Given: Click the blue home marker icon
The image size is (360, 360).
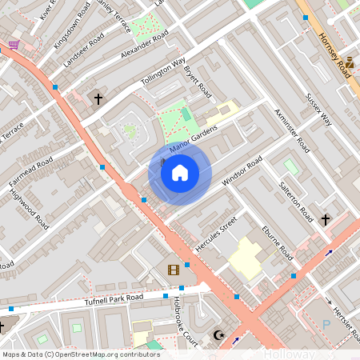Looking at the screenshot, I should click(180, 173).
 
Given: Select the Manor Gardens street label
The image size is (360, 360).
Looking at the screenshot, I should click(193, 136).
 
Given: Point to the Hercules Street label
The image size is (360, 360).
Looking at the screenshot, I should click(217, 232).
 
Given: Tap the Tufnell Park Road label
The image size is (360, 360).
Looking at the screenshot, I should click(114, 299).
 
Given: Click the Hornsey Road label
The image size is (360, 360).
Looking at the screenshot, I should click(334, 56).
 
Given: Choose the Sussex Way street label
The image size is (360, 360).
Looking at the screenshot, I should click(318, 108).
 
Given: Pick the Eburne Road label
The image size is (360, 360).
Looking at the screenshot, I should click(277, 242).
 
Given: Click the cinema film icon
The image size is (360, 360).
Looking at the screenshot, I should click(174, 270).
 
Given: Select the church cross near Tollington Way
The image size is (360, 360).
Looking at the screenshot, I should click(98, 100).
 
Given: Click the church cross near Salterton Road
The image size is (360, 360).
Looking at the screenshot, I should click(326, 219).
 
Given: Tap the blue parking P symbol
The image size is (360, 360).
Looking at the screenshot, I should click(326, 324).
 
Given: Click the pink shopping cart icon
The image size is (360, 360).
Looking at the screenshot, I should click(14, 44).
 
